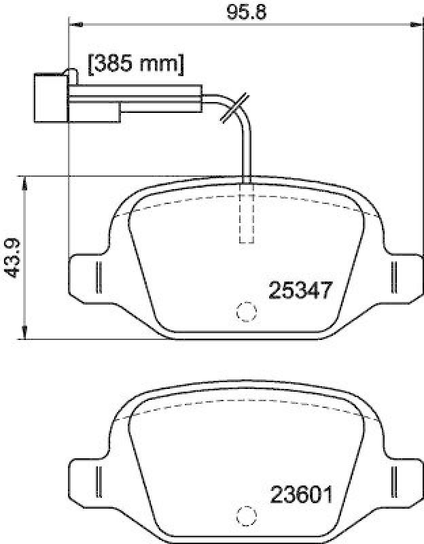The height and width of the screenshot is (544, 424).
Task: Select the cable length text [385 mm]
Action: click(136, 65)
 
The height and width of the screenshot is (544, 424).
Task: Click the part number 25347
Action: click(300, 290)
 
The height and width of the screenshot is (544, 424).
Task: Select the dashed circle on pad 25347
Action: click(245, 312)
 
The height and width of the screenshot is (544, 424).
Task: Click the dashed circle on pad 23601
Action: click(245, 515)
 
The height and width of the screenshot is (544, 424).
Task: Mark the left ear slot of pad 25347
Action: click(98, 278)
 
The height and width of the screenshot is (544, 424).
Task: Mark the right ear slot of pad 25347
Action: click(393, 278)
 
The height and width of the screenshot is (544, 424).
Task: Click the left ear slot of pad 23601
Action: click(98, 481)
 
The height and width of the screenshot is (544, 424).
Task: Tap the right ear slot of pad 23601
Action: click(393, 481)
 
